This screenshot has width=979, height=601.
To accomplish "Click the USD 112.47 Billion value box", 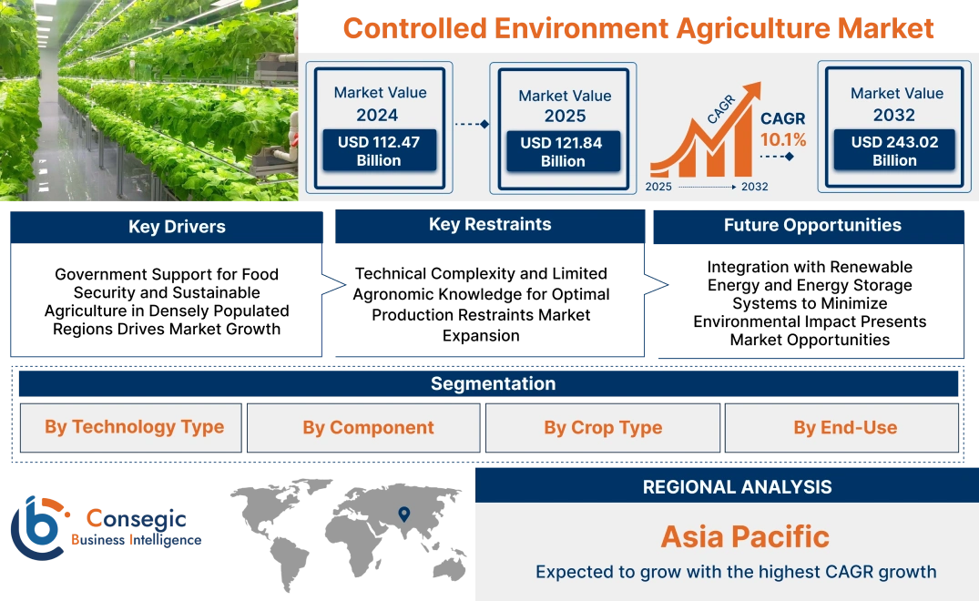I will pos(378,151).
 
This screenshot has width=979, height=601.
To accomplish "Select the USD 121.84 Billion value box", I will pos(563,152).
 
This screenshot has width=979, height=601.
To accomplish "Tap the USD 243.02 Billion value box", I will pos(894,151).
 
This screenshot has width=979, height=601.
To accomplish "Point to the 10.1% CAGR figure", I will pos(783,140).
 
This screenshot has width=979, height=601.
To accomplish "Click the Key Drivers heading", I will pos(177,227).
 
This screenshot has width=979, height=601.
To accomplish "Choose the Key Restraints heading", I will pos(490,225).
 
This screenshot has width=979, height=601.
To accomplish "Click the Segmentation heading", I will pos(493,383).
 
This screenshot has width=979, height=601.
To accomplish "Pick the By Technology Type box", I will pos(134,427).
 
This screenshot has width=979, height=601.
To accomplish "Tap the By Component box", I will pos(368,428).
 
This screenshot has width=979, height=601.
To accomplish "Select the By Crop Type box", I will pos(603,428).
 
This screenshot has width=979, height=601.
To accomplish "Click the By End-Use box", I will pos(845,428).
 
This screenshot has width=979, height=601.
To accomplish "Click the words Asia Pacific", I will pos(745,536).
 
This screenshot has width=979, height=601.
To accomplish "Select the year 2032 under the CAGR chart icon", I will pos(754,187).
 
